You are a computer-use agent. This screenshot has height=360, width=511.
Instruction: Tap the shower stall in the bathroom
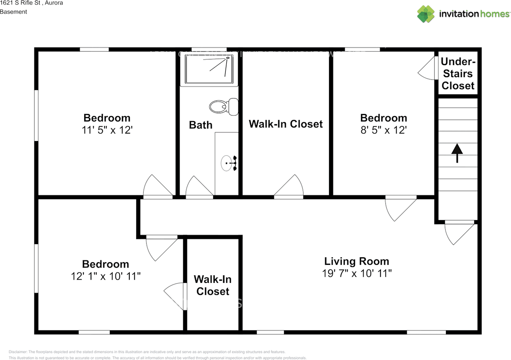coord(209,70)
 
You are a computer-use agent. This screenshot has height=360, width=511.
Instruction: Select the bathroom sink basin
coord(226,163)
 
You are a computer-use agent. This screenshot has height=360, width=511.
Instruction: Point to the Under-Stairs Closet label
coord(458,74)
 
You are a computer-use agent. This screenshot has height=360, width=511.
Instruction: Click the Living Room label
coord(357,261)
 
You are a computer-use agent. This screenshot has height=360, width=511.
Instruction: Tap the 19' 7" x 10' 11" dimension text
coord(357,274)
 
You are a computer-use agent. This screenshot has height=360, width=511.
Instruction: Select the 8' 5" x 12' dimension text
coord(383,130)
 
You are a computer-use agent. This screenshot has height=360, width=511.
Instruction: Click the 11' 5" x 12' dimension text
coord(107,130)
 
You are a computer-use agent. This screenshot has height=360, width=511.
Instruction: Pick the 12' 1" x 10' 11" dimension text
coord(106,276)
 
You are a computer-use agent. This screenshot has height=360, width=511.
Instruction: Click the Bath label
coord(200,125)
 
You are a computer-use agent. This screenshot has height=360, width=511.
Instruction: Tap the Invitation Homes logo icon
coord(426,14)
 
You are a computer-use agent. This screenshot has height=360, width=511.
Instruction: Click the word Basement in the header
coord(14,12)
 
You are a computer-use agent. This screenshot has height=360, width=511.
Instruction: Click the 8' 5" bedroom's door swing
coord(399,208)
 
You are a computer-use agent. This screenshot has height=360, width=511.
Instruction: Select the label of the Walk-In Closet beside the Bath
coord(285,124)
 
